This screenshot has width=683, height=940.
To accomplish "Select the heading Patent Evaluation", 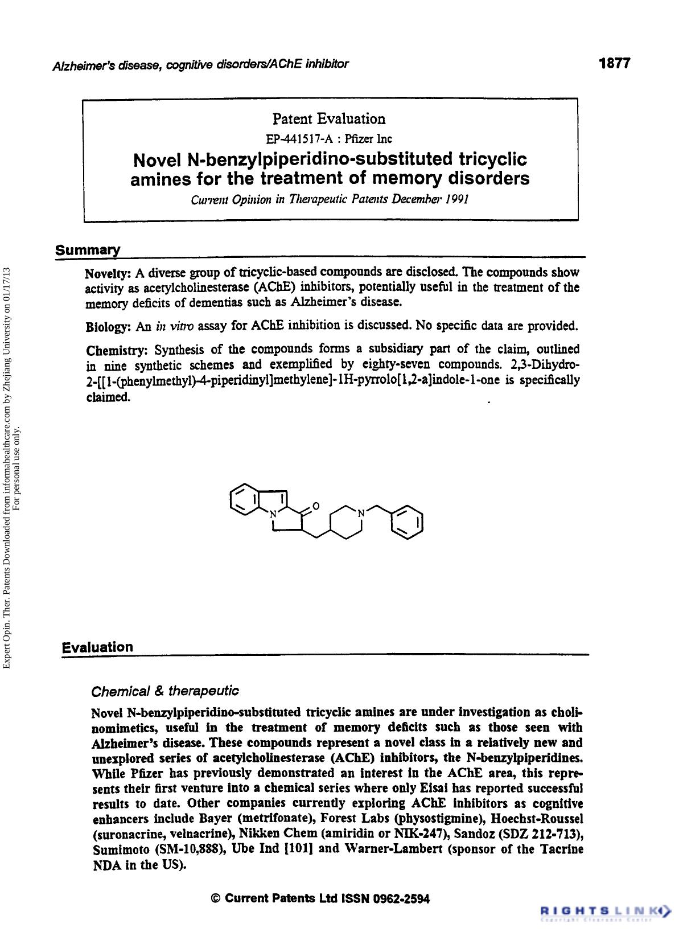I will point(329,119).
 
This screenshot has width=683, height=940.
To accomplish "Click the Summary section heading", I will point(88,251).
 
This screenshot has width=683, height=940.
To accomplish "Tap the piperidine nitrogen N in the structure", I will point(360,513).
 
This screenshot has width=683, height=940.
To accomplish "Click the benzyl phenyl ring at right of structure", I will point(408,522).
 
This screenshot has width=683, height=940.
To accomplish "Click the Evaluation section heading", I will point(97,647).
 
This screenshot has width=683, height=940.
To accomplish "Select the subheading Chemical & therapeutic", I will point(165,691).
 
